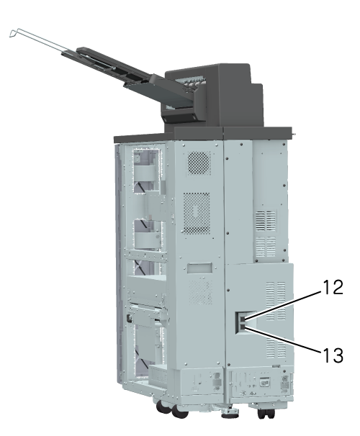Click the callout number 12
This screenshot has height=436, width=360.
coord(333,287)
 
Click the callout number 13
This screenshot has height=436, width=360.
coord(333,355)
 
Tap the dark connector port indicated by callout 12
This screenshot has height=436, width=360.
coord(243,319)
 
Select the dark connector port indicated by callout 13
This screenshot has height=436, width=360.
coord(243,327)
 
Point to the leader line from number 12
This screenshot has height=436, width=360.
coord(283,306)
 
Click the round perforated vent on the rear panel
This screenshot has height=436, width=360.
coord(199,163)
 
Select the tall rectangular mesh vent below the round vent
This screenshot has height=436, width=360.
coord(197,213)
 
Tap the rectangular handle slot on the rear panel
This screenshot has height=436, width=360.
coord(199,268)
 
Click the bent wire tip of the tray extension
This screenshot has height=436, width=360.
coord(13,33)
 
